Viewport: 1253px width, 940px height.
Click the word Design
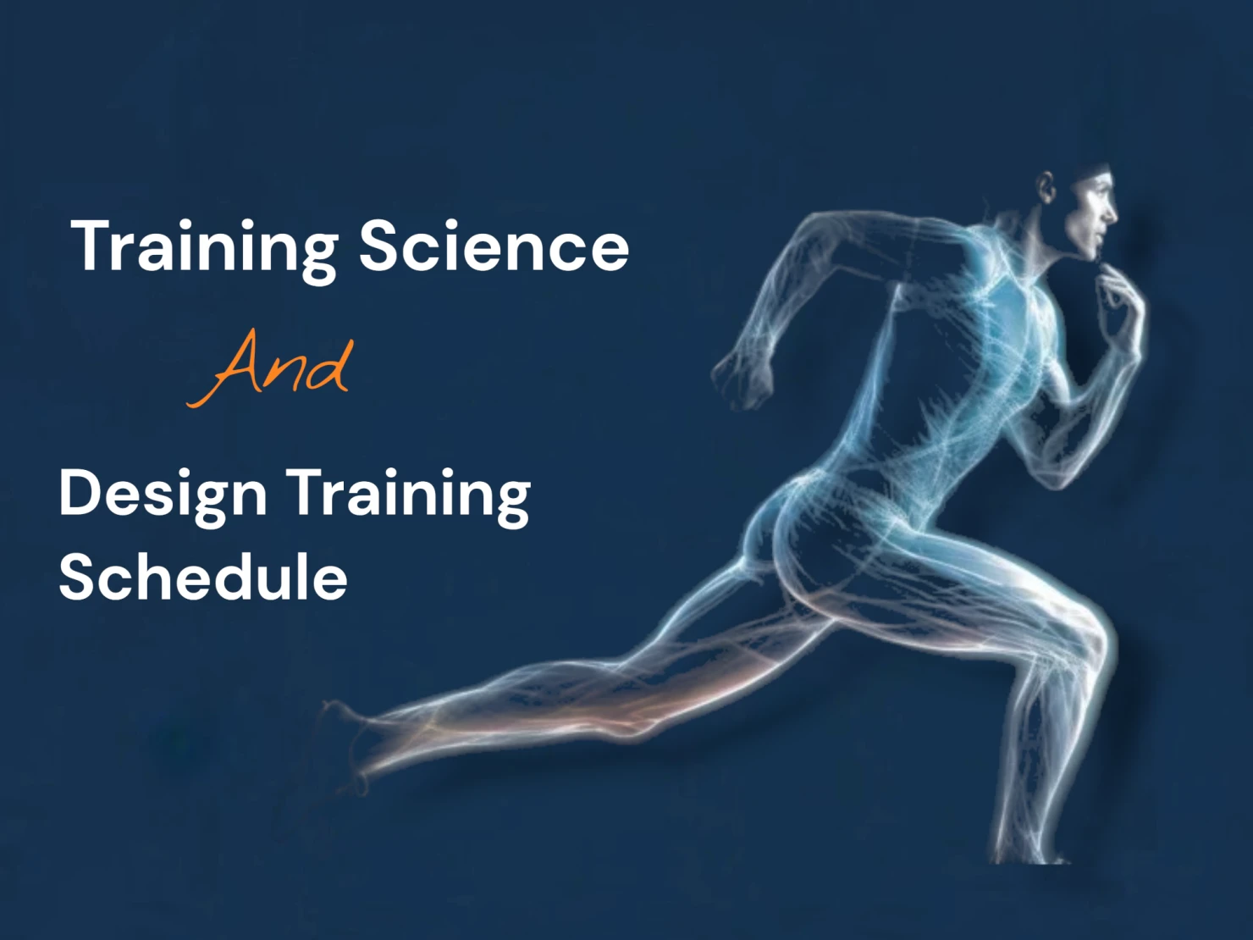coord(163,495)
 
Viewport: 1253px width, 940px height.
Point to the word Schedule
coord(203,578)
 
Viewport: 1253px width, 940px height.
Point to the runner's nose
coord(1112,213)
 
